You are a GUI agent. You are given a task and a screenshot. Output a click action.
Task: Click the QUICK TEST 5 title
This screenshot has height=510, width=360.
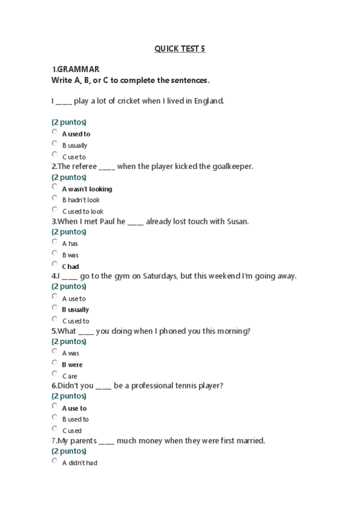180,49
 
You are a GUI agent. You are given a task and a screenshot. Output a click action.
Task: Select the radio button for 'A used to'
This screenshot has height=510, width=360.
55,132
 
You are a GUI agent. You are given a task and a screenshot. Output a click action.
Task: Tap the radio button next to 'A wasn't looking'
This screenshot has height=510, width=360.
55,187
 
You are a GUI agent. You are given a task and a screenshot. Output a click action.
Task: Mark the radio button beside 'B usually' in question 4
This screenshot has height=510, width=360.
55,308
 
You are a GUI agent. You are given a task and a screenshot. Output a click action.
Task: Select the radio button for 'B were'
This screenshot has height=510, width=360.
55,363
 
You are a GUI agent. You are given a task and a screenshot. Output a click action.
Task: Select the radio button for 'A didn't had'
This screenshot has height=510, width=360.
55,461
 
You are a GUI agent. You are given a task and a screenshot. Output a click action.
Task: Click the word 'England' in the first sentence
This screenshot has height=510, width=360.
209,100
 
